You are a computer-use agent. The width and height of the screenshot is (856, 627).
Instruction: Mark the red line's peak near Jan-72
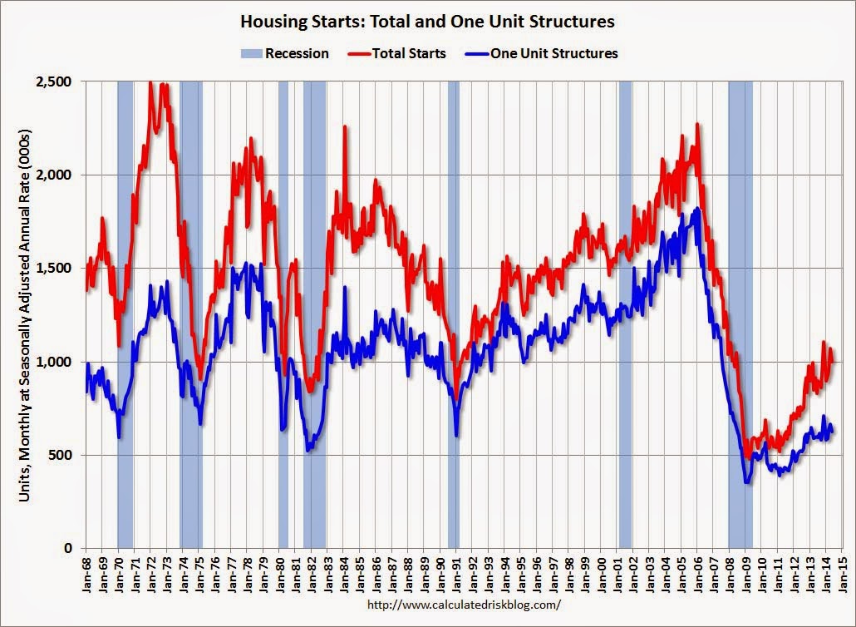point(150,82)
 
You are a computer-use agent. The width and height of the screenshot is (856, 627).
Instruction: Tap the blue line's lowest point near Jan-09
point(746,482)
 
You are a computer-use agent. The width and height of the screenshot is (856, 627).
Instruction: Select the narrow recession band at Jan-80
point(283,316)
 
